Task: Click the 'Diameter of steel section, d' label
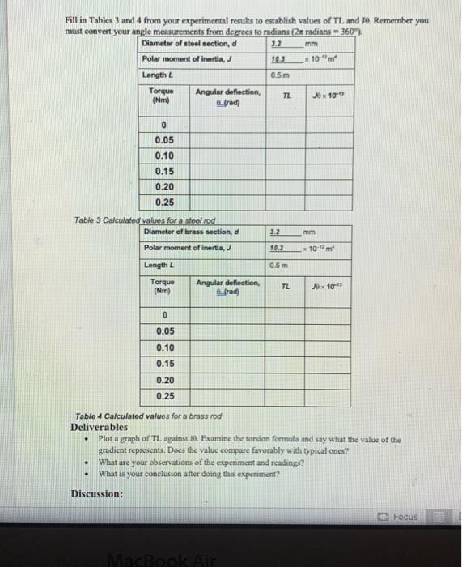coord(189,43)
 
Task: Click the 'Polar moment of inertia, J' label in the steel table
coord(181,59)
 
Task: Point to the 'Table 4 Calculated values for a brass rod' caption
coord(146,416)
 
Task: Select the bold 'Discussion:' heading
coord(97,493)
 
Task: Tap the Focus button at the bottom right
coord(401,516)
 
